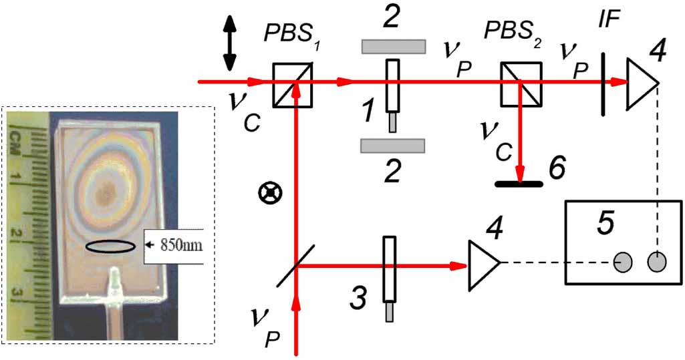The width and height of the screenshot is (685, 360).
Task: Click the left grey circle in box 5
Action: pyautogui.click(x=625, y=262)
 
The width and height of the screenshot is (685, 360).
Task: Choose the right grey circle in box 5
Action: pyautogui.click(x=658, y=262)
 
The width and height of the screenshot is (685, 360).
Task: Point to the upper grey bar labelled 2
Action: pyautogui.click(x=393, y=46)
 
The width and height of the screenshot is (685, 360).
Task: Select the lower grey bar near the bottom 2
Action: pyautogui.click(x=392, y=145)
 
